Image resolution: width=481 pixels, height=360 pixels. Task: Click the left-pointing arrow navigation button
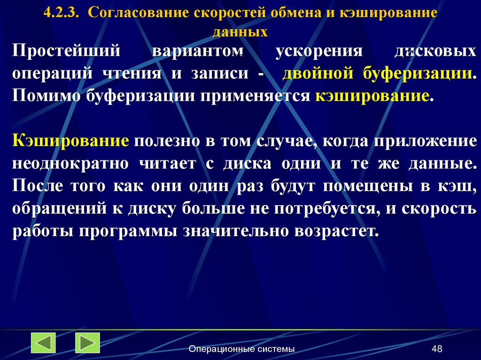43,343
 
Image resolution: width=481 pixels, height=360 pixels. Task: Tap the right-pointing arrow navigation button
87,343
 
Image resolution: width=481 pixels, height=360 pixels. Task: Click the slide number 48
437,349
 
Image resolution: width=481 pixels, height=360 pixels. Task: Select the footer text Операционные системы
242,349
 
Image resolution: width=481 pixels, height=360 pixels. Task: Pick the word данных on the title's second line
240,32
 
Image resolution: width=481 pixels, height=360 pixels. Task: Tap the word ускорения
319,52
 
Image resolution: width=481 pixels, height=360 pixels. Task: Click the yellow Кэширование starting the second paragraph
71,141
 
